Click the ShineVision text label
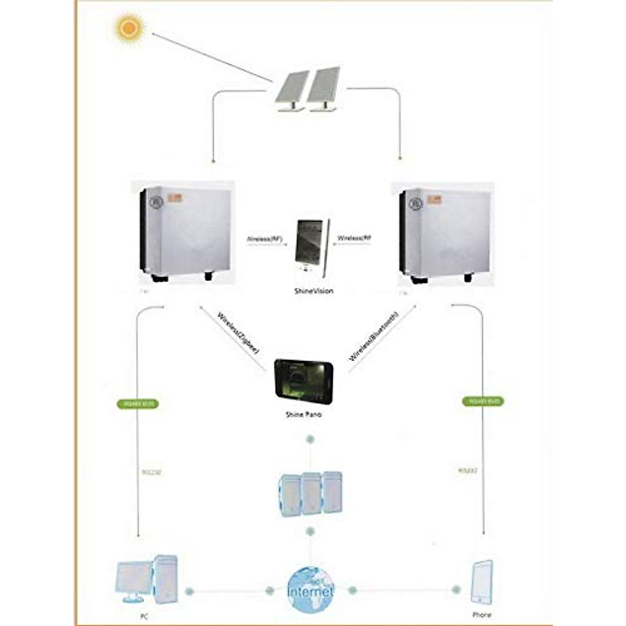click(314, 291)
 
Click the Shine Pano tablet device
click(304, 381)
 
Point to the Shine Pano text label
click(303, 414)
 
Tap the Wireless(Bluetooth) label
click(374, 336)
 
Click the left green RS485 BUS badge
click(138, 403)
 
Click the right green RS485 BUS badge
click(483, 401)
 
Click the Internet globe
click(310, 590)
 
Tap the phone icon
click(481, 582)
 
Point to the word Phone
click(481, 615)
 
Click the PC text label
click(144, 617)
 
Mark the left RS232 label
click(151, 473)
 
